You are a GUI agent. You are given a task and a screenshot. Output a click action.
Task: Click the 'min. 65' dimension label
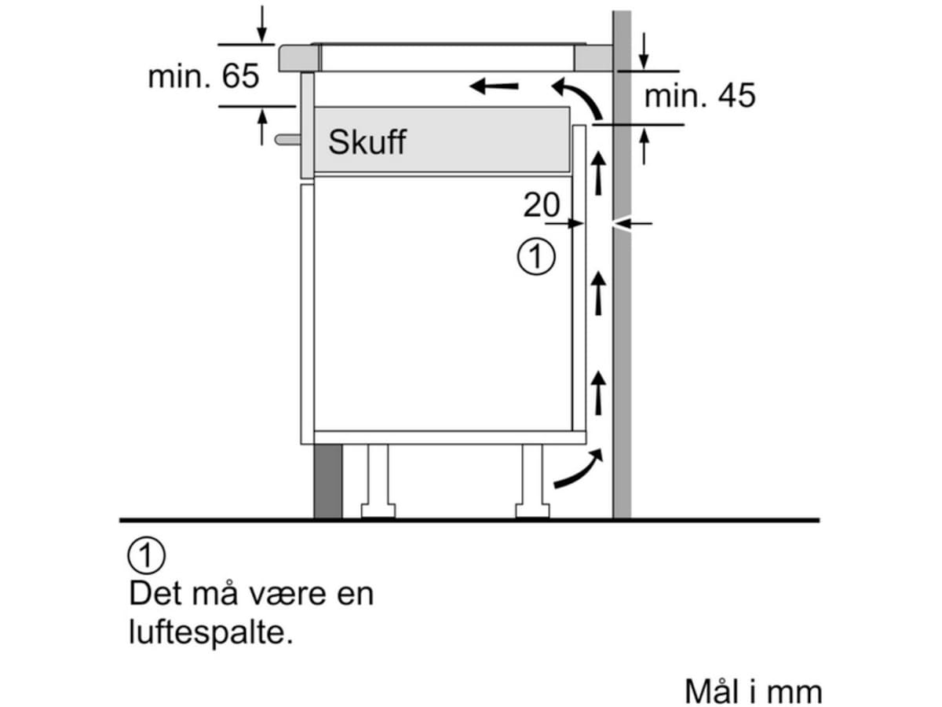(x=203, y=77)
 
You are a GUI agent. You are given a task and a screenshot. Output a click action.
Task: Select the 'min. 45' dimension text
(x=699, y=96)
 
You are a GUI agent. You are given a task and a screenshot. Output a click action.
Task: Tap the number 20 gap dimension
(x=542, y=206)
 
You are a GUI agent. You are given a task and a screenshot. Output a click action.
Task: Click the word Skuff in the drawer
(x=367, y=142)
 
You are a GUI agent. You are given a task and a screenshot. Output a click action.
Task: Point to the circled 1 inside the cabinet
(x=536, y=257)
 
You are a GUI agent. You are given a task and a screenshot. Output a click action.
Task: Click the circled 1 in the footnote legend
(x=146, y=557)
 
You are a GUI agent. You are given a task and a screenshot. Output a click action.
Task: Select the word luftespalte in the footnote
(x=210, y=633)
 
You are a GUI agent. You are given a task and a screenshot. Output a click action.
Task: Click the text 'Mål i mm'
(x=753, y=691)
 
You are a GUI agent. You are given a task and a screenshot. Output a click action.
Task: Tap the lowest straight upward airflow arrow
(x=599, y=393)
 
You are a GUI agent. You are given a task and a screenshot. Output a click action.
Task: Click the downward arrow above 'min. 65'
(x=261, y=24)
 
